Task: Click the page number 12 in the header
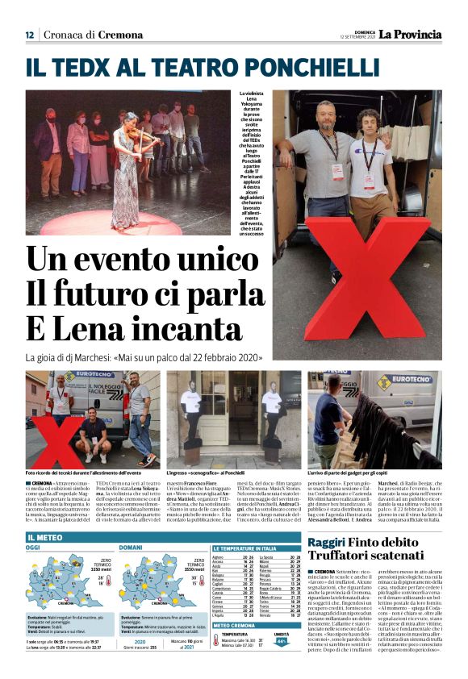29,35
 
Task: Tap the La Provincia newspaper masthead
411,34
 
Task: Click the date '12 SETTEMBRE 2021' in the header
357,37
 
